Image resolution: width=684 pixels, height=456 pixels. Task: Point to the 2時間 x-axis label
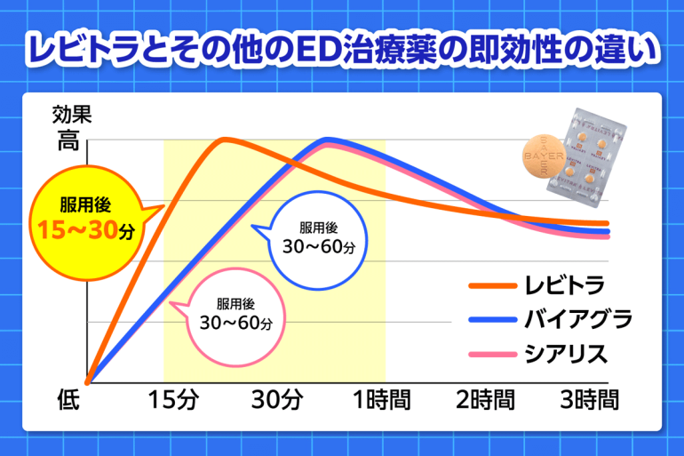tap(485, 400)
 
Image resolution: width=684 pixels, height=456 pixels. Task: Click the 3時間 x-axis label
tap(586, 400)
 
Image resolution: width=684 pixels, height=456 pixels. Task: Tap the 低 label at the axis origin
tap(69, 400)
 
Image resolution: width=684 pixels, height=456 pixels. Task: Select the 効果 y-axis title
tap(71, 114)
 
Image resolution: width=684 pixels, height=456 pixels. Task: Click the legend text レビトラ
tap(565, 286)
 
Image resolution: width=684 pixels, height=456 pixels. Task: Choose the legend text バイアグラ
tap(577, 320)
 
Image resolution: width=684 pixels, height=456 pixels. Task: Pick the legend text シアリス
tap(565, 354)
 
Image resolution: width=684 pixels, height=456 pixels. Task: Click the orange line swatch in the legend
tap(491, 286)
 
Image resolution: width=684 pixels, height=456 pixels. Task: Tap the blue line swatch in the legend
tap(491, 320)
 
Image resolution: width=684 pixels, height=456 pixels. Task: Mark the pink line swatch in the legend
tap(491, 354)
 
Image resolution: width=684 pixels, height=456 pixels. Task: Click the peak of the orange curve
tap(224, 139)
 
